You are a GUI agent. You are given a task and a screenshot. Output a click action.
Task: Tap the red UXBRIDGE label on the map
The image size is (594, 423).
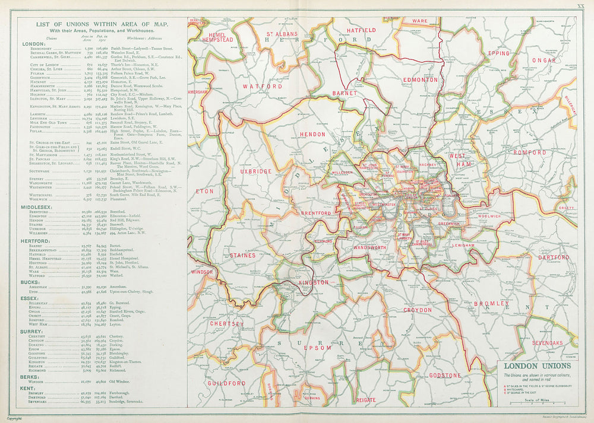click(x=257, y=171)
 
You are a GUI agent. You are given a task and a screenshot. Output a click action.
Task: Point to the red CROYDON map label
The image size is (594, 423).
click(x=418, y=310)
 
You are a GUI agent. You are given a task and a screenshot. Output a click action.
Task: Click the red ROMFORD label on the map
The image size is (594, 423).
click(x=529, y=152)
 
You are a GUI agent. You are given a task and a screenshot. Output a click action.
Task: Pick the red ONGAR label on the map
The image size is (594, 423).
click(x=544, y=60)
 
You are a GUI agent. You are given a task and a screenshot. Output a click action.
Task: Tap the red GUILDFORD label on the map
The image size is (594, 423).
click(x=226, y=383)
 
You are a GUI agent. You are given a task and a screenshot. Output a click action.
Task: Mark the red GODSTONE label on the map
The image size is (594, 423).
click(x=445, y=376)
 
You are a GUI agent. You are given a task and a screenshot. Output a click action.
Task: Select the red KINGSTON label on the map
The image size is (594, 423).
click(x=314, y=282)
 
